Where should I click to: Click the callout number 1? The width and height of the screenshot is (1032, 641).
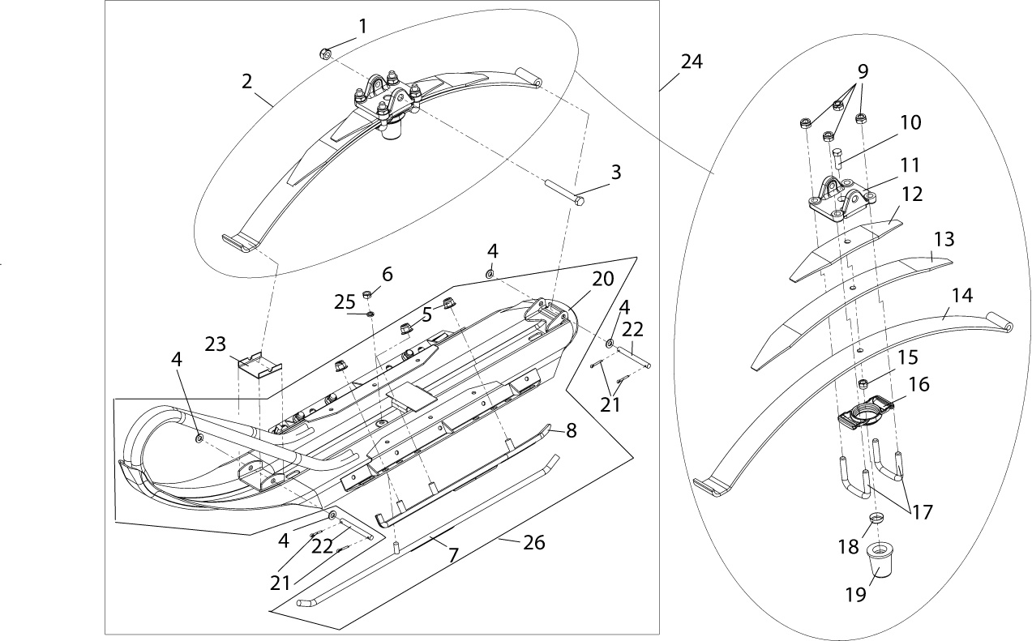[362, 26]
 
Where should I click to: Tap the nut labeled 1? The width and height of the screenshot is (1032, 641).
[323, 54]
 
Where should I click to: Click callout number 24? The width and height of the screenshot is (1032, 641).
[692, 62]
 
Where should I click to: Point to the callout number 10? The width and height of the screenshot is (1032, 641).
[910, 123]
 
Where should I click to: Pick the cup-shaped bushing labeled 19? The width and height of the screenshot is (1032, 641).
[881, 561]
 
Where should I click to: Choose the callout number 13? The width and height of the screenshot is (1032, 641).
[944, 240]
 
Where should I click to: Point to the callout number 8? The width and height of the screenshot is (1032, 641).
[571, 431]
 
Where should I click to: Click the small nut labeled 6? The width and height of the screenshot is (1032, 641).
[366, 293]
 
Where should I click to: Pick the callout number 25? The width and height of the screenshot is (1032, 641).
[345, 301]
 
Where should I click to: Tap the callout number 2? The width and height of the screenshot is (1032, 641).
[246, 81]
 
